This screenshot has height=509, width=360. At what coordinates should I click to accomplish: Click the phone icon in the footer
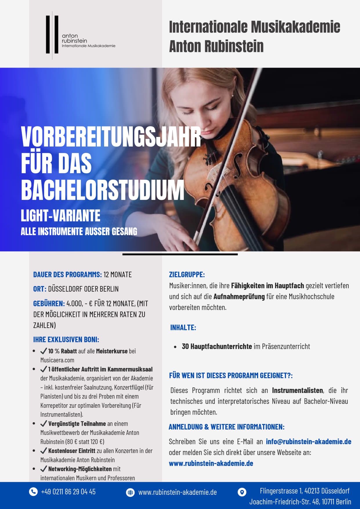point(33,492)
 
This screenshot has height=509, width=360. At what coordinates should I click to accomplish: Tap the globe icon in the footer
point(130,492)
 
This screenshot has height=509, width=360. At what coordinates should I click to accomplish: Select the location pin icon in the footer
point(242,492)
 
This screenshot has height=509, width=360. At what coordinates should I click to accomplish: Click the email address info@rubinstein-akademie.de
point(308,442)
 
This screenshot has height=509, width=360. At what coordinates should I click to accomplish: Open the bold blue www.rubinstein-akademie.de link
point(211,463)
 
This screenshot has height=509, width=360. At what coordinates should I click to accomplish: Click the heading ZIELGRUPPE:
point(187,275)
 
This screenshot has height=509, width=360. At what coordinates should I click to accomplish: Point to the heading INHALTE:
point(183,328)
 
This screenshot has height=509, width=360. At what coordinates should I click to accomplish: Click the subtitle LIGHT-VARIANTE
point(60,216)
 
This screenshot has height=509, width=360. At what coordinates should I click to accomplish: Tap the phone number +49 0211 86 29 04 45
point(68,492)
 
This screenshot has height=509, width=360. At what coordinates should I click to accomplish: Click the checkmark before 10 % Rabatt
point(44,351)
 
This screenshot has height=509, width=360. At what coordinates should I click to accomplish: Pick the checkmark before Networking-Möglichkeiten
point(44,469)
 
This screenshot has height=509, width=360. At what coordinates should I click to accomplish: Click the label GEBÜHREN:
point(49,304)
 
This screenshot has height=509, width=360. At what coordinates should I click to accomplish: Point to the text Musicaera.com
point(57,360)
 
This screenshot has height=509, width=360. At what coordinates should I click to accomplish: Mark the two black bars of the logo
point(52,35)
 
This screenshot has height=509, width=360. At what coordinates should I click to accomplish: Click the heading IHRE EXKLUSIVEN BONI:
point(66,340)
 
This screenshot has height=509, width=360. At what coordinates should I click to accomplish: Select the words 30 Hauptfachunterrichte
point(217,346)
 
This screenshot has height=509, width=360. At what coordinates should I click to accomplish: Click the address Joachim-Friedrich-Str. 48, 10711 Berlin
point(300,502)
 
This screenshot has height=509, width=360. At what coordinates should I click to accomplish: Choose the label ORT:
point(40,289)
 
